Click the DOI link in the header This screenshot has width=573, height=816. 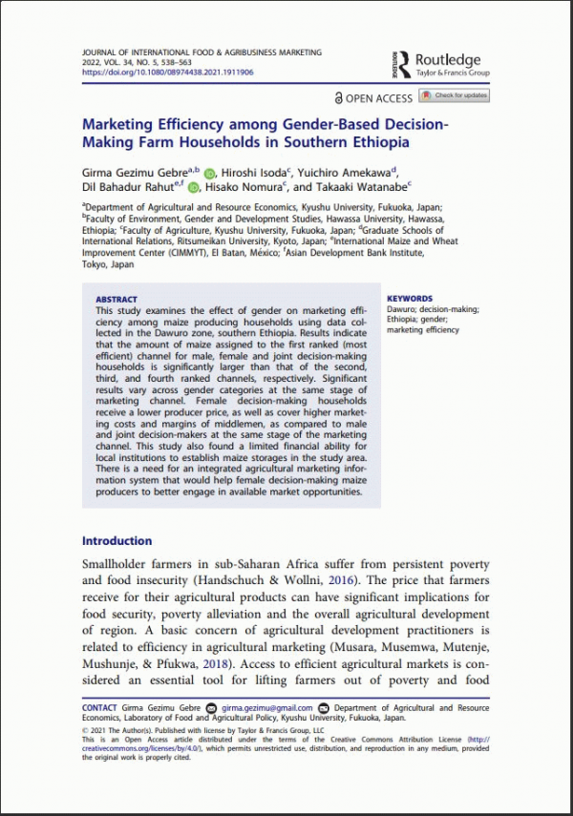(x=167, y=72)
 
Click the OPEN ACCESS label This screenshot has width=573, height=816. (x=378, y=97)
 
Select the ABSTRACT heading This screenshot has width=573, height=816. (x=117, y=300)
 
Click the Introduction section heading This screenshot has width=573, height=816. (x=117, y=541)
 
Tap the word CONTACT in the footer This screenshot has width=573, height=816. (x=100, y=708)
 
